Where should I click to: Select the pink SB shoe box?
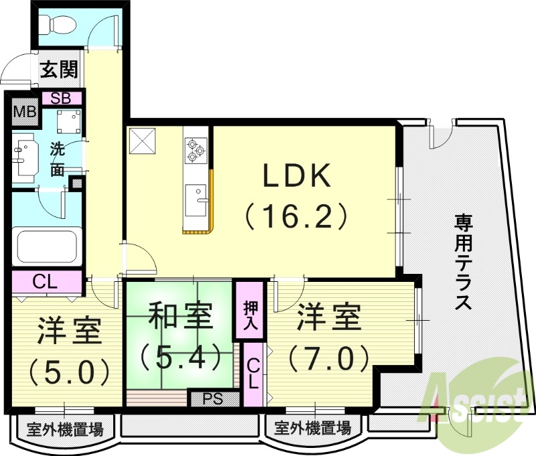(x=62, y=98)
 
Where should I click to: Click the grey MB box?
(x=25, y=112)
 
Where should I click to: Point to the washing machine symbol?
(x=68, y=121)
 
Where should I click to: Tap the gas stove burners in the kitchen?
(x=196, y=149)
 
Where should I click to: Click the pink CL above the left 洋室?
(x=46, y=282)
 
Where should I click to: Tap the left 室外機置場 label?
(x=64, y=427)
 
